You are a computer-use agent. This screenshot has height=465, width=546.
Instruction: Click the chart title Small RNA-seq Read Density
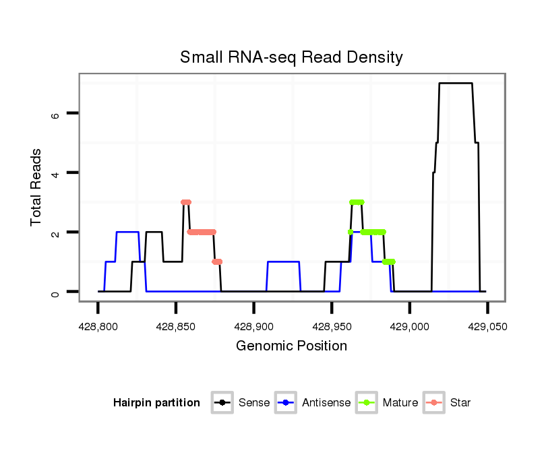click(x=291, y=57)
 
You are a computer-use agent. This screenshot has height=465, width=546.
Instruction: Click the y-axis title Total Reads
click(x=37, y=187)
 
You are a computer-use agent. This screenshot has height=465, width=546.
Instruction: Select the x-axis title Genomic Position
click(x=291, y=346)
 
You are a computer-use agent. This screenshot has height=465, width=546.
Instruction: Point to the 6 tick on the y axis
click(x=56, y=114)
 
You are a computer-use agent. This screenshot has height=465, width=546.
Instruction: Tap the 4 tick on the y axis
click(x=56, y=173)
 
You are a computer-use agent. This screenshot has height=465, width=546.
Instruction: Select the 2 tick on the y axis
click(x=56, y=232)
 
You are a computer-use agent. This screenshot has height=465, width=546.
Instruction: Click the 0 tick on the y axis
click(x=56, y=292)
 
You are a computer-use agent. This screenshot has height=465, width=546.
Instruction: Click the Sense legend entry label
click(x=254, y=403)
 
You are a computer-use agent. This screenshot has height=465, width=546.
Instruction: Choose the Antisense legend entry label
click(x=326, y=403)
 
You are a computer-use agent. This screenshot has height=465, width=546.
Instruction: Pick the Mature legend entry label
click(x=400, y=403)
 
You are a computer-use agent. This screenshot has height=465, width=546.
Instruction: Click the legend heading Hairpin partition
click(x=156, y=403)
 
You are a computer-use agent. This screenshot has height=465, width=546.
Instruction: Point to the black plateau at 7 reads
click(x=456, y=84)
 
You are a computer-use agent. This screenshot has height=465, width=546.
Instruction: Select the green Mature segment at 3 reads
click(x=357, y=202)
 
